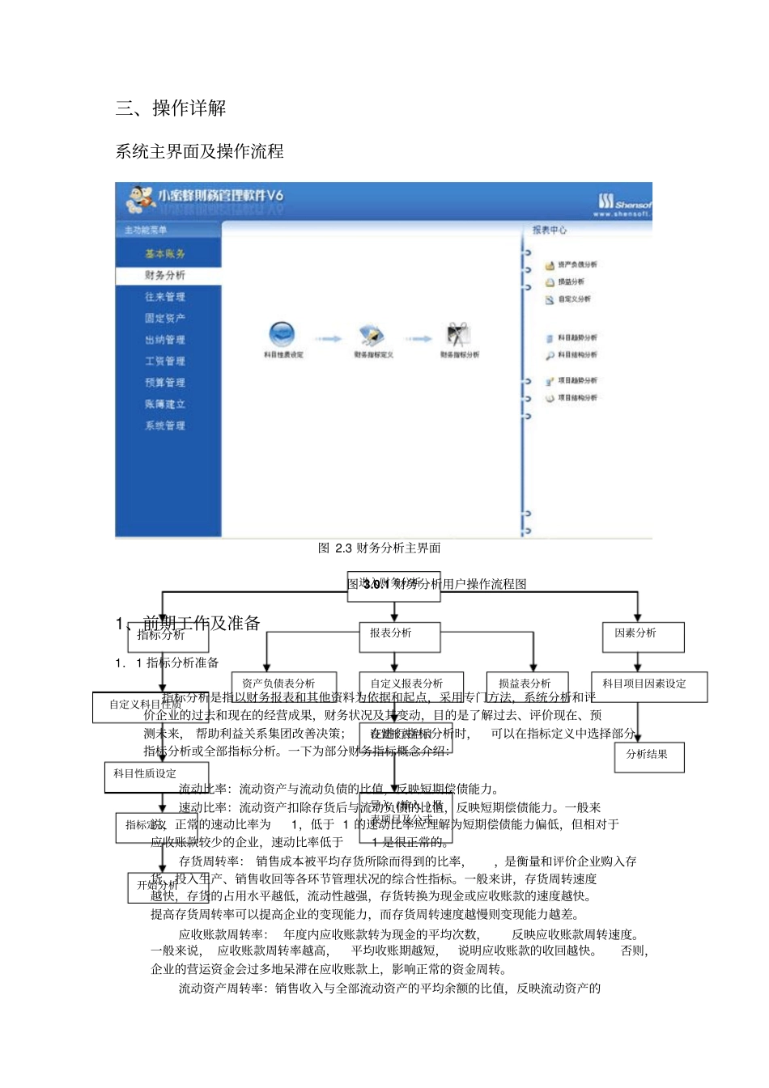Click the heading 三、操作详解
(171, 108)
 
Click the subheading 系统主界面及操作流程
(199, 151)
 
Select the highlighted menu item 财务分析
(165, 275)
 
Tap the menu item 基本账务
(165, 254)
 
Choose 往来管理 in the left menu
(165, 297)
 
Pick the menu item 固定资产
(165, 318)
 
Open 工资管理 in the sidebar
(165, 361)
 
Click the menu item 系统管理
(165, 425)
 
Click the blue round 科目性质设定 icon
(282, 333)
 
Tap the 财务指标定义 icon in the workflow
(372, 335)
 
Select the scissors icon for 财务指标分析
(458, 334)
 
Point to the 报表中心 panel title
(550, 231)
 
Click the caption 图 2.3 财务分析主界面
(379, 548)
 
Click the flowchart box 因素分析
(643, 636)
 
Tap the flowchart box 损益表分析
(527, 684)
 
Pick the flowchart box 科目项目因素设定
(648, 686)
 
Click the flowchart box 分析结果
(649, 756)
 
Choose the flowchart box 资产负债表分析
(283, 684)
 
